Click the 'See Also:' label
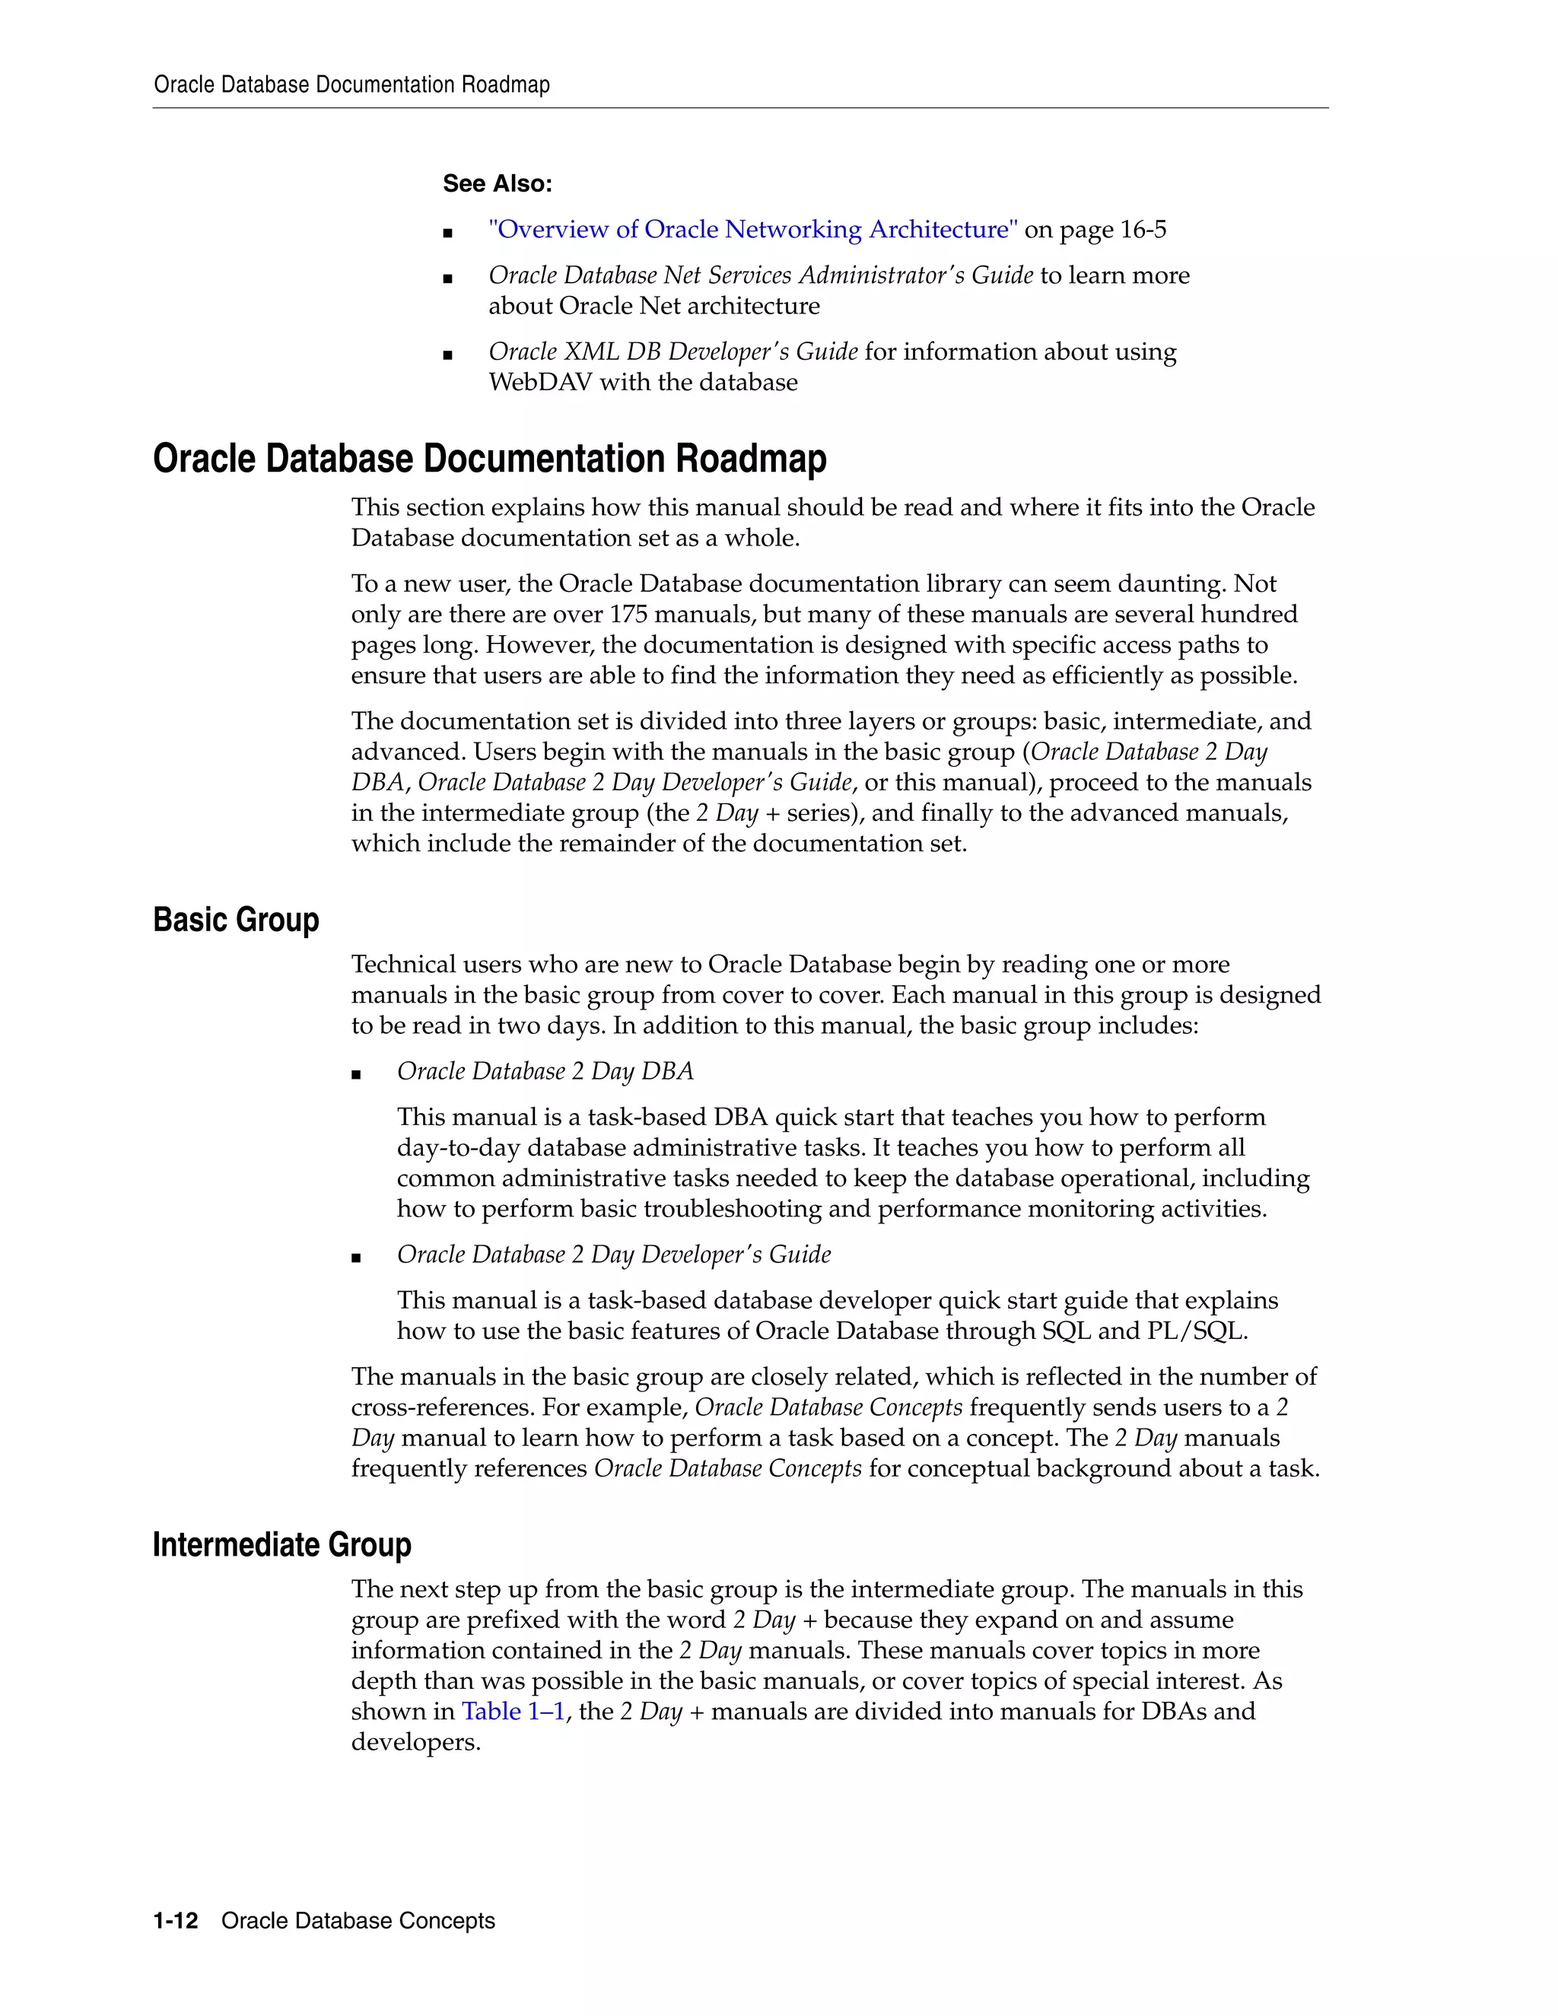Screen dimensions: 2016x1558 pyautogui.click(x=497, y=183)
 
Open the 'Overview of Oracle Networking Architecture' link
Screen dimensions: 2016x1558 pyautogui.click(x=752, y=229)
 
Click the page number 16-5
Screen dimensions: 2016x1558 pyautogui.click(x=1142, y=229)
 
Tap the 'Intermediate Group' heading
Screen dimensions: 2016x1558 pyautogui.click(x=281, y=1544)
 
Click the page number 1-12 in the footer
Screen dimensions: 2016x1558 pyautogui.click(x=176, y=1921)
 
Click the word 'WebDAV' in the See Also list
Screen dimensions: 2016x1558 pyautogui.click(x=540, y=382)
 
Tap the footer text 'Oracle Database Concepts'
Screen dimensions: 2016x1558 pyautogui.click(x=358, y=1921)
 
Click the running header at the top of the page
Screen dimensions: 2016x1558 pyautogui.click(x=351, y=85)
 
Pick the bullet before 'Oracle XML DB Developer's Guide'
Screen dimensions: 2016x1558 pyautogui.click(x=447, y=354)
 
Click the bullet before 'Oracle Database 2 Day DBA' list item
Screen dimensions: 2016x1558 pyautogui.click(x=356, y=1073)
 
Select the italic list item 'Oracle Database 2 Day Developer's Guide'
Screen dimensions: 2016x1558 pyautogui.click(x=614, y=1254)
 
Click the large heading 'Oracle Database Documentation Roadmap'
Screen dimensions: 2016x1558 pyautogui.click(x=489, y=459)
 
